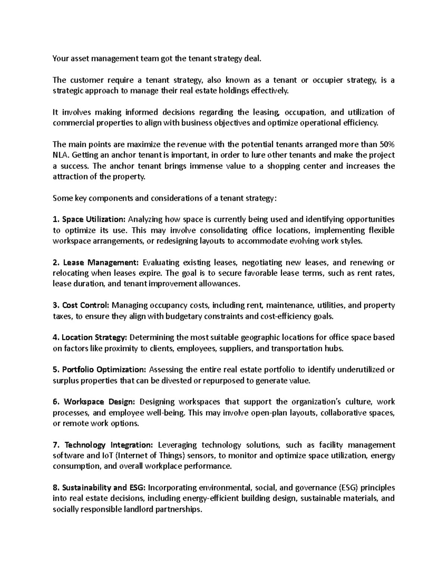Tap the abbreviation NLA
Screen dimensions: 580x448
[x=61, y=155]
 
